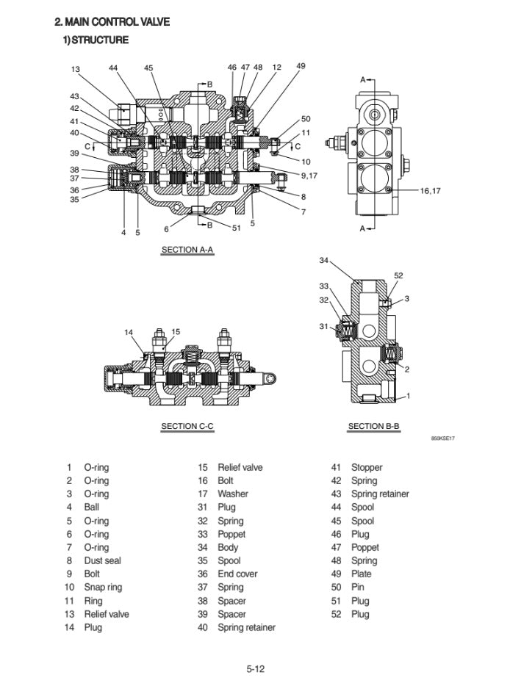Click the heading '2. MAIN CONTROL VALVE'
coord(113,22)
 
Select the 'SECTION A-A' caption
coord(187,250)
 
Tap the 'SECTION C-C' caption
coord(187,426)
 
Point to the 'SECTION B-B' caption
coord(373,426)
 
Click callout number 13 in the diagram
coord(75,69)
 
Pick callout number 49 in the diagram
coord(301,66)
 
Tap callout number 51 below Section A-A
coord(236,228)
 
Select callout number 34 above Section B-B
coord(324,260)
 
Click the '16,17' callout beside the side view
coord(430,191)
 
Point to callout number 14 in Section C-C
coord(129,332)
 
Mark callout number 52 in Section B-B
coord(398,275)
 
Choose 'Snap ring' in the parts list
coord(103,587)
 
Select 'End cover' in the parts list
coord(237,574)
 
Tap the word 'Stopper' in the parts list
coord(367,467)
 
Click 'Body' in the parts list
coord(228,547)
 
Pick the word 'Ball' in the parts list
coord(92,507)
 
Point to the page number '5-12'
coord(255,668)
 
